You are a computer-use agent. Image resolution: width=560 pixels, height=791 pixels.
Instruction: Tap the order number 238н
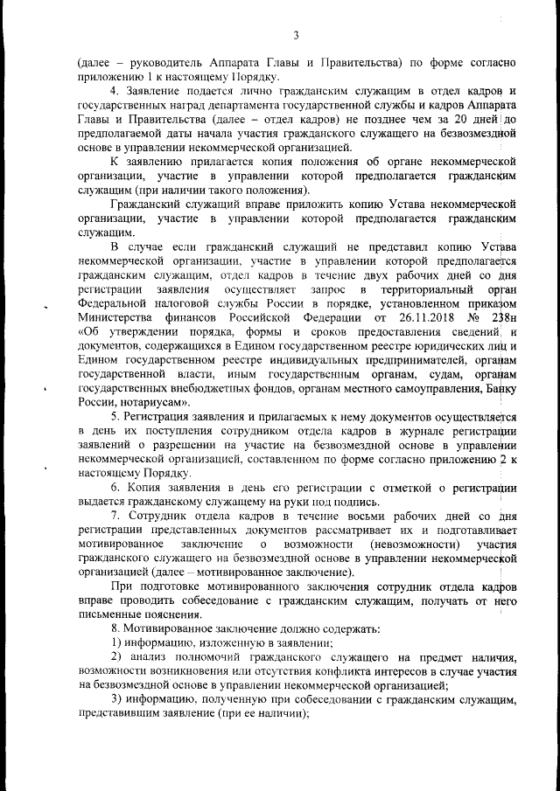pos(501,317)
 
